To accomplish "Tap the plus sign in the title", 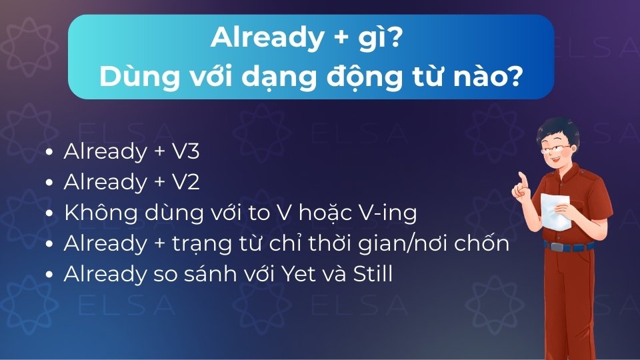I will pyautogui.click(x=339, y=39).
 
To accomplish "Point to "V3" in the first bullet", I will pyautogui.click(x=186, y=151).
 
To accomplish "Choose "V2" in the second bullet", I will pyautogui.click(x=186, y=182).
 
